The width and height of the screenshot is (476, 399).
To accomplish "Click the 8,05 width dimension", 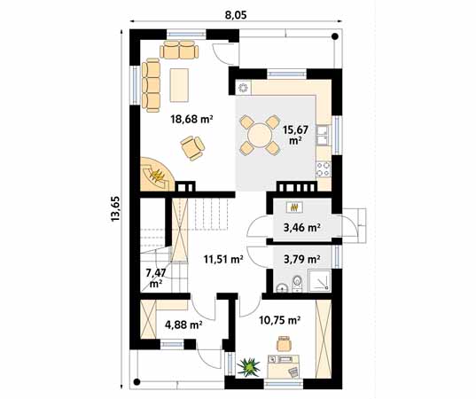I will point(234,14).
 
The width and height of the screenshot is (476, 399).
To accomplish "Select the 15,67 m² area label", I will point(294,134).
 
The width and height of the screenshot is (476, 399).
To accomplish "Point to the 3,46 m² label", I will point(300,228).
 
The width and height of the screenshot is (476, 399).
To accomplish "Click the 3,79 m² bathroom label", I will point(300,260).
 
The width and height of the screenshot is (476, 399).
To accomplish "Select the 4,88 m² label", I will point(183,324).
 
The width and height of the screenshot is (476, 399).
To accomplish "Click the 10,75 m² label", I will point(279,320).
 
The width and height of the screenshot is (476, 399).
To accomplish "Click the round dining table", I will point(260,135).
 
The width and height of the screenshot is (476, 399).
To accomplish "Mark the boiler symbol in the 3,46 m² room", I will point(294,207).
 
